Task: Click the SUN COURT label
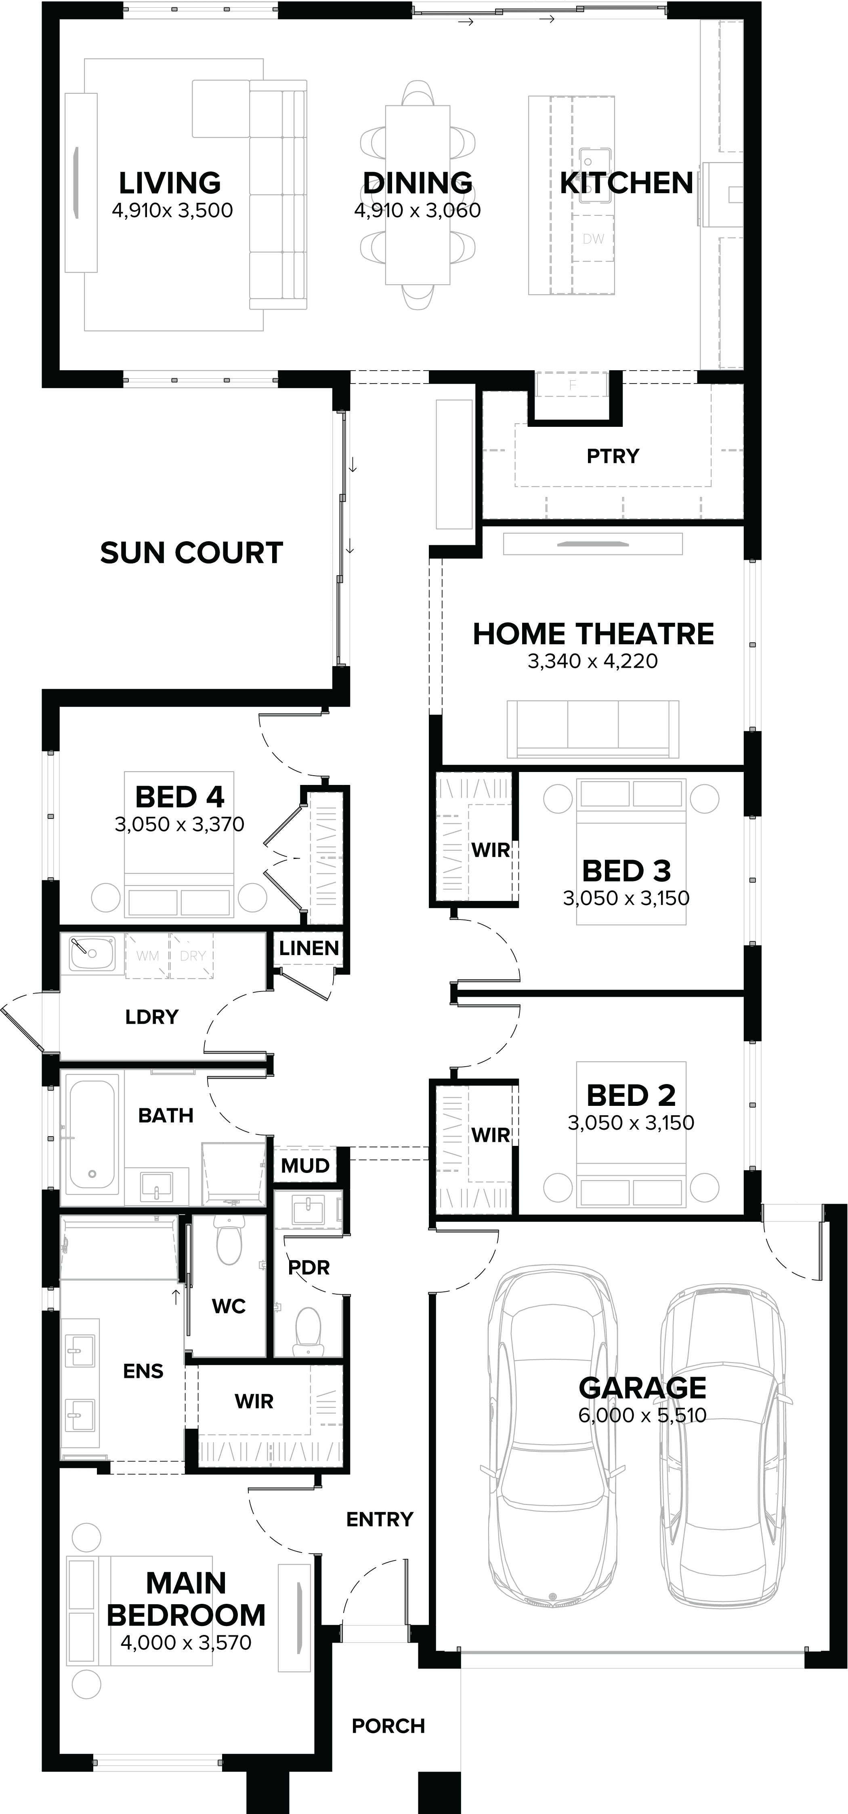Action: coord(191,553)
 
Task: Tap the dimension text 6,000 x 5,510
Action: coord(642,1415)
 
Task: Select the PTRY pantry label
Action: coord(613,456)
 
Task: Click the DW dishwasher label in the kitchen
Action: coord(593,239)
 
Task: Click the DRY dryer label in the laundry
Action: coord(192,956)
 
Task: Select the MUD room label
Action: coord(305,1165)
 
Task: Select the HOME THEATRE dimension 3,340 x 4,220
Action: coord(592,661)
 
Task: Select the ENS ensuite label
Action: coord(143,1371)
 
